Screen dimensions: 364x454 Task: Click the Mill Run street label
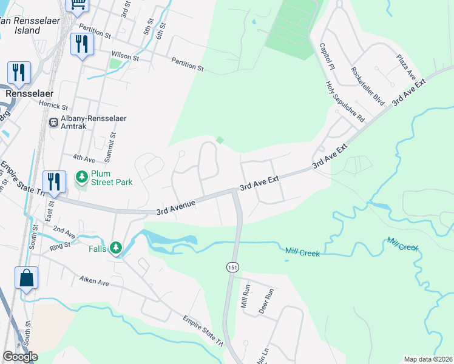pyautogui.click(x=246, y=295)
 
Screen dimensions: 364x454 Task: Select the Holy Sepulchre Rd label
pyautogui.click(x=344, y=101)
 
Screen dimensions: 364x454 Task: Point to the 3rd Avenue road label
pyautogui.click(x=176, y=207)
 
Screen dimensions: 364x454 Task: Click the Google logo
pyautogui.click(x=20, y=357)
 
